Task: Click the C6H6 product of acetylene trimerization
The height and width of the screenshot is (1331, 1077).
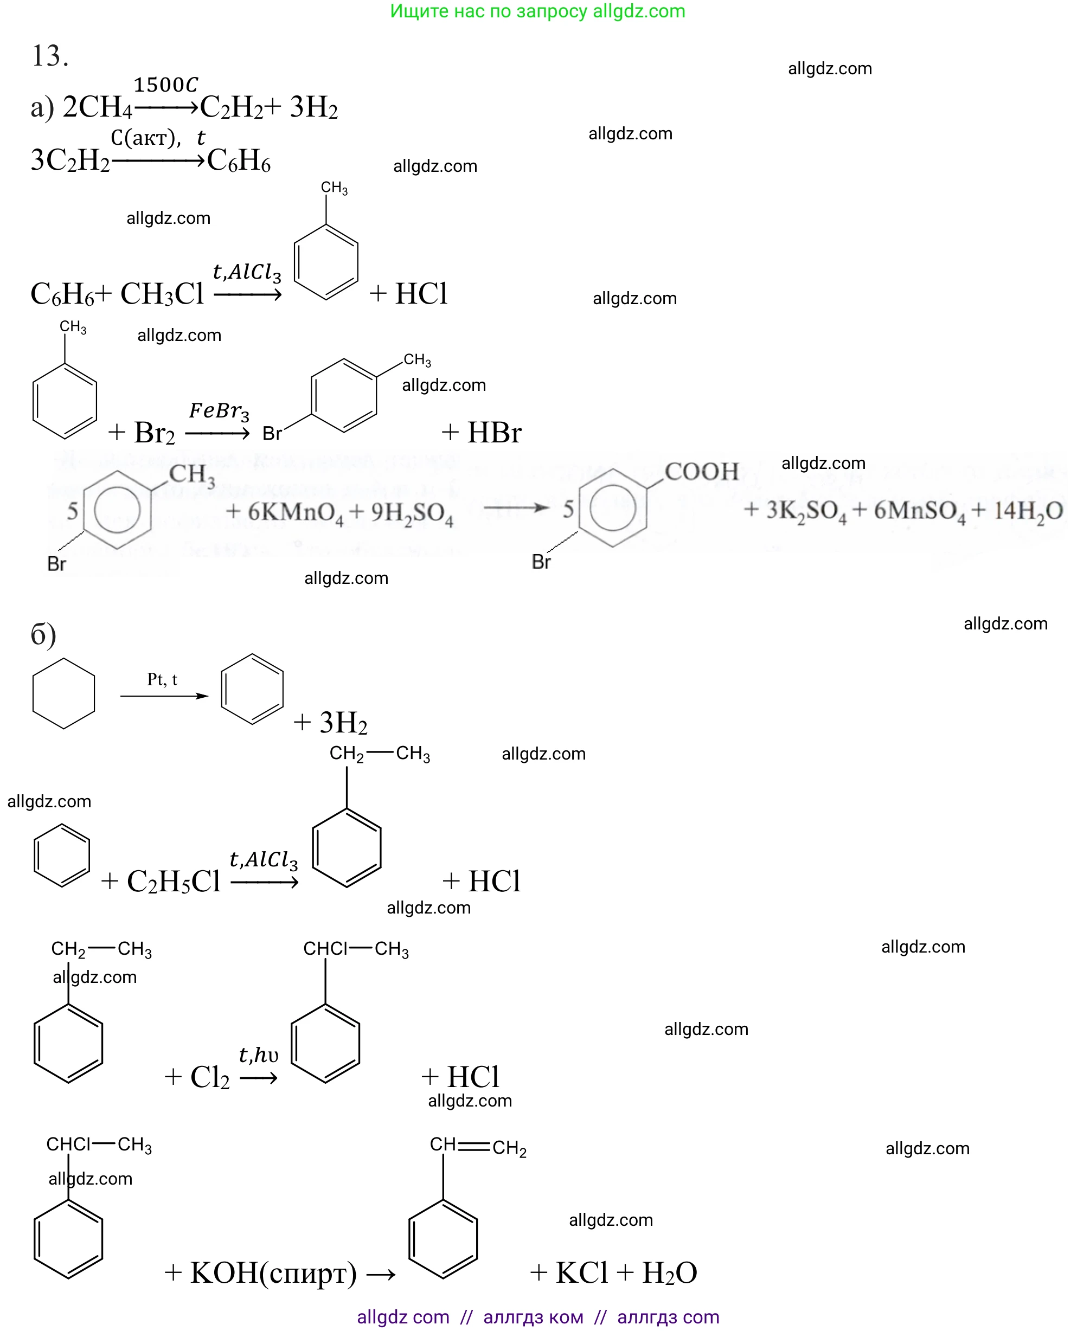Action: pyautogui.click(x=239, y=160)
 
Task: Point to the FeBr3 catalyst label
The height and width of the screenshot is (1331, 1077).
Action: pyautogui.click(x=219, y=411)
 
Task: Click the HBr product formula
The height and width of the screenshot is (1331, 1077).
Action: pyautogui.click(x=494, y=432)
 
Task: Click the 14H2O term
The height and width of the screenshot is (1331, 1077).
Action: pyautogui.click(x=1028, y=511)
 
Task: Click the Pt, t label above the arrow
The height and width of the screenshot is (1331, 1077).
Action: pyautogui.click(x=162, y=680)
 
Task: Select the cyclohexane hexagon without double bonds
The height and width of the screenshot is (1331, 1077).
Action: pyautogui.click(x=63, y=693)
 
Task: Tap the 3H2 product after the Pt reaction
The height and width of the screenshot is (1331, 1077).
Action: pyautogui.click(x=343, y=723)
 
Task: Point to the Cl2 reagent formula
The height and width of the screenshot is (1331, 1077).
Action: pyautogui.click(x=210, y=1077)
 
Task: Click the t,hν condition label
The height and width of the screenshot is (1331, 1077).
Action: pyautogui.click(x=259, y=1055)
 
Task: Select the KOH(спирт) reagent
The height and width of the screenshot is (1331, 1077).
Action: pyautogui.click(x=273, y=1272)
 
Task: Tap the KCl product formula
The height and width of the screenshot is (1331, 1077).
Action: pyautogui.click(x=581, y=1272)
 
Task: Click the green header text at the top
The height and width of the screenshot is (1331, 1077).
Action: pyautogui.click(x=537, y=11)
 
